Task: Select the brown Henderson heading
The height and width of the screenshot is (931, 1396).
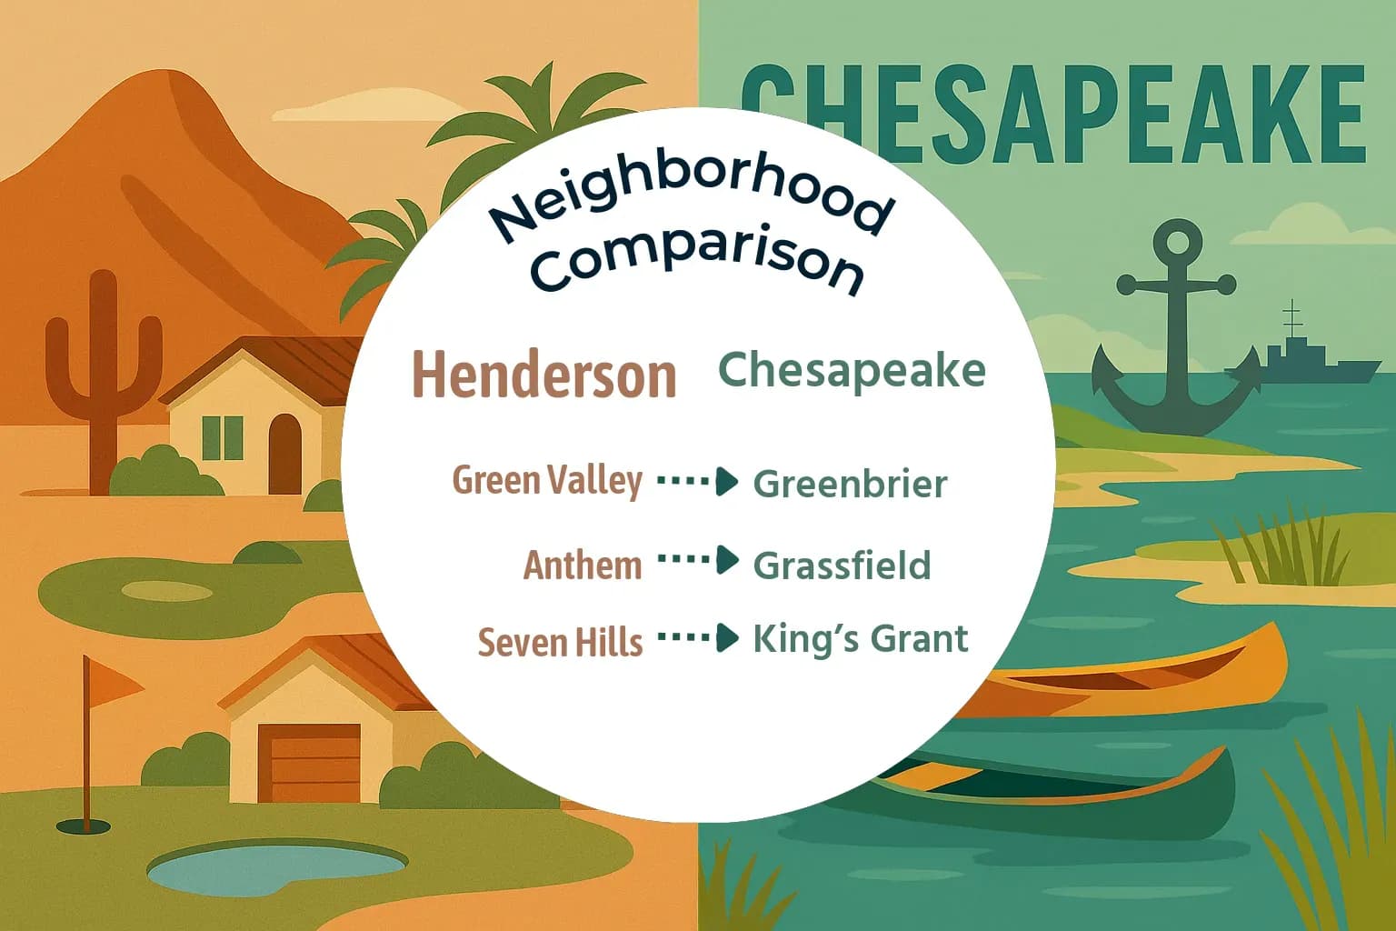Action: pos(544,374)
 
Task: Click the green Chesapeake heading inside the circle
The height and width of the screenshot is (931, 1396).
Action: pos(852,370)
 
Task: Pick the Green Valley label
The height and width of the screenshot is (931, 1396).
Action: pos(547,480)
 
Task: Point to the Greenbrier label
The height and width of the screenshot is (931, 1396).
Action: pos(850,484)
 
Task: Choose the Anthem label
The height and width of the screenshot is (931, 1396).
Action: pos(583,565)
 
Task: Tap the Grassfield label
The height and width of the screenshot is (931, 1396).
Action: pos(842,566)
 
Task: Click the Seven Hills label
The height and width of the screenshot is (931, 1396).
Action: pos(560,642)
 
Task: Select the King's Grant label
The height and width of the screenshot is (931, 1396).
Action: pos(860,639)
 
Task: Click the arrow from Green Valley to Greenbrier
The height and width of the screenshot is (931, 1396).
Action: pos(697,481)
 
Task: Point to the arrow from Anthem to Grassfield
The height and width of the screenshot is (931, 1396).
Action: pos(697,560)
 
